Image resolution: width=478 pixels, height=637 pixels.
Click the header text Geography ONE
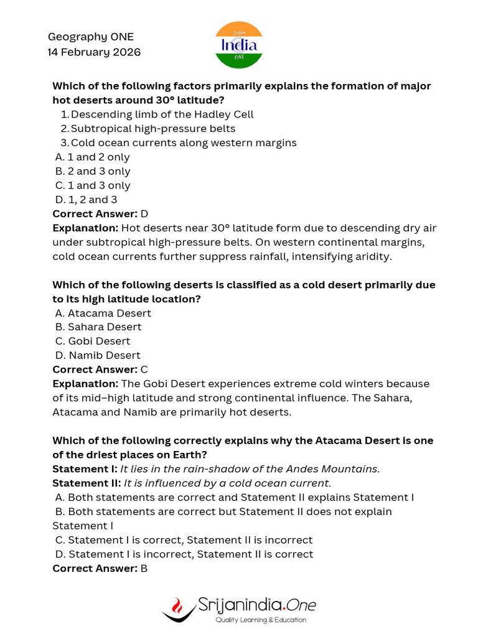tap(90, 37)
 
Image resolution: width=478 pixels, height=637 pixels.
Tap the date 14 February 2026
tap(94, 52)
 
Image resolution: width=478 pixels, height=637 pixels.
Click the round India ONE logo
tap(239, 45)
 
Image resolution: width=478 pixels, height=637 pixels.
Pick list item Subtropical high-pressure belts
tap(153, 129)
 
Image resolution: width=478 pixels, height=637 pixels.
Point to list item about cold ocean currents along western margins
tap(184, 143)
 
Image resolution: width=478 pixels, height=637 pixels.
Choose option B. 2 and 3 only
tap(93, 171)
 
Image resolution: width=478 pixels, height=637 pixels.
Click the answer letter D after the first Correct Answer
tap(144, 214)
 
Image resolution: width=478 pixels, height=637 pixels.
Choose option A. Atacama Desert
tap(103, 313)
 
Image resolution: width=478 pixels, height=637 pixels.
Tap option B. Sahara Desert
tap(98, 327)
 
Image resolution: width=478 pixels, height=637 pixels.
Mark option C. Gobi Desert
tap(93, 342)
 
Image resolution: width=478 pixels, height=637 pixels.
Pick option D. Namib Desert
tap(98, 356)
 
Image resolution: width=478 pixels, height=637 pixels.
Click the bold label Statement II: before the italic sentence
tap(87, 483)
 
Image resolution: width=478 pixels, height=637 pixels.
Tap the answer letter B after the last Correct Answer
tap(144, 569)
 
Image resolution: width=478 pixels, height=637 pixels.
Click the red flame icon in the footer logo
tap(177, 605)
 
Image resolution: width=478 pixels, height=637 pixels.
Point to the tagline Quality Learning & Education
tap(261, 620)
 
